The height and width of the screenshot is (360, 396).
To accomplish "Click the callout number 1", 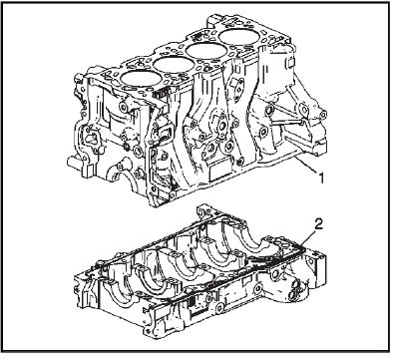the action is pyautogui.click(x=320, y=179).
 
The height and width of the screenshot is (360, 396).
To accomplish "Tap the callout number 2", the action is pyautogui.click(x=318, y=224).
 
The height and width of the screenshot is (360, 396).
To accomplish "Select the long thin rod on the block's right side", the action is pyautogui.click(x=288, y=123).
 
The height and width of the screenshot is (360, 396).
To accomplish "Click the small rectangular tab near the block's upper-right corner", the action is pyautogui.click(x=290, y=63).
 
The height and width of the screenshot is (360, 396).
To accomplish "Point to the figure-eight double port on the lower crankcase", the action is pyautogui.click(x=294, y=288).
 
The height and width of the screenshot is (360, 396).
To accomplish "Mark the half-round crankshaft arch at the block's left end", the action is pyautogui.click(x=125, y=180).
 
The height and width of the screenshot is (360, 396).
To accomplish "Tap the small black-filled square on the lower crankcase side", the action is pyautogui.click(x=193, y=303).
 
